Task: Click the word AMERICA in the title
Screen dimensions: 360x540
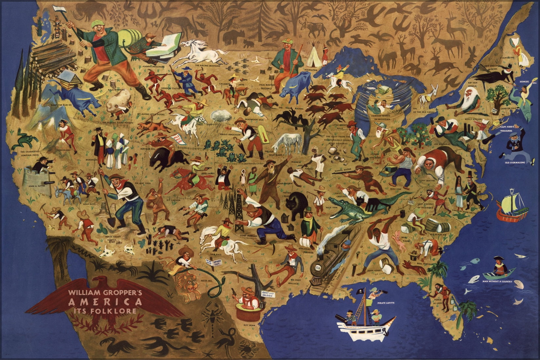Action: pos(105,302)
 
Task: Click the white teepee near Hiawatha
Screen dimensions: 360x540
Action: pos(315,59)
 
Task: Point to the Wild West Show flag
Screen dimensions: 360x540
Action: pos(177,139)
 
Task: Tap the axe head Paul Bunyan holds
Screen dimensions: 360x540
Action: pos(61,9)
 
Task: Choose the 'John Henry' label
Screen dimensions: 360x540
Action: pos(374,271)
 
